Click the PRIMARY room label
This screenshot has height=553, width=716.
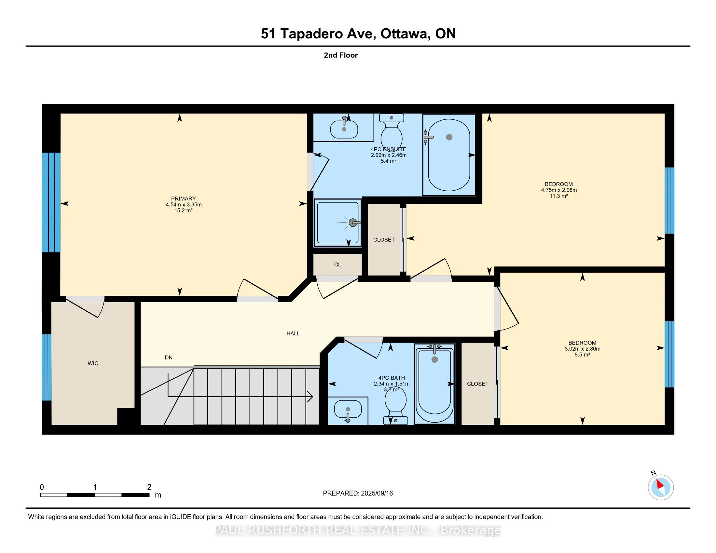pos(183,198)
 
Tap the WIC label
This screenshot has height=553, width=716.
pos(93,363)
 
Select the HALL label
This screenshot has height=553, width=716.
pos(293,333)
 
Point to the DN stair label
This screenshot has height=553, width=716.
pos(169,357)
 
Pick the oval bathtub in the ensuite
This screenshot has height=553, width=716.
pos(449,155)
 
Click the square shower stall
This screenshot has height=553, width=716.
pos(338,223)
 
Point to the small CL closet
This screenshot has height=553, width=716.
pos(338,265)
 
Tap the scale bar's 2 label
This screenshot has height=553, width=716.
pos(149,487)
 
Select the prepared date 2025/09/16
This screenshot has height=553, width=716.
pos(377,493)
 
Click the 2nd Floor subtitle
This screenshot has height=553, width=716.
pos(341,55)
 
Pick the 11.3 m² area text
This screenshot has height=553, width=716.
pos(558,196)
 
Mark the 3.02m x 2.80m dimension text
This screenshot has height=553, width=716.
pos(582,349)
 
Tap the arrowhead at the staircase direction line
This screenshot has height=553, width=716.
pos(310,397)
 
